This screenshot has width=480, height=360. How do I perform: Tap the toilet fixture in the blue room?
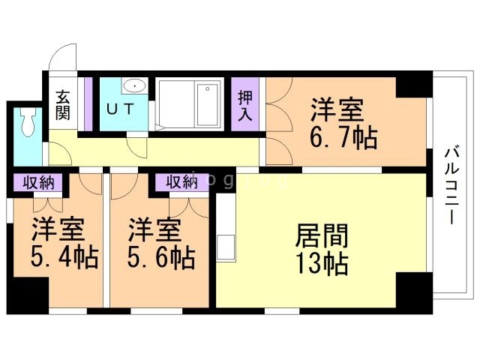(29, 122)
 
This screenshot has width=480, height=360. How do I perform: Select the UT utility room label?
(120, 109)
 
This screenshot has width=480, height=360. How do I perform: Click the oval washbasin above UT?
(135, 85)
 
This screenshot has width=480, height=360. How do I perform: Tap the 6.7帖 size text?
(340, 139)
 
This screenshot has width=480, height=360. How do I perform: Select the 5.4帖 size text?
(64, 259)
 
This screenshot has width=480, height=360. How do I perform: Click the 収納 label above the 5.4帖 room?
(37, 181)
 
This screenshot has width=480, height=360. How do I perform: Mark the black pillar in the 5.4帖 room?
(27, 294)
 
